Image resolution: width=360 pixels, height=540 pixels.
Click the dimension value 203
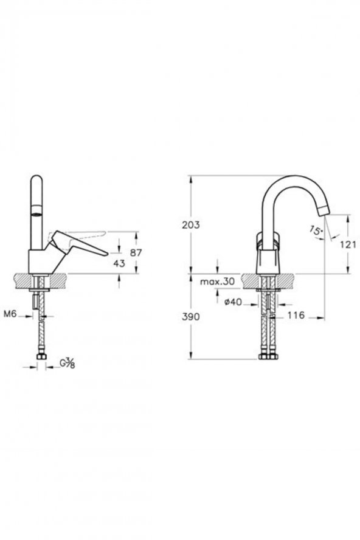click(191, 225)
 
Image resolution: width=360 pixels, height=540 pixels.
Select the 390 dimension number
click(191, 317)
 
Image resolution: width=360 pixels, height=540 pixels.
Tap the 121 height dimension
click(347, 244)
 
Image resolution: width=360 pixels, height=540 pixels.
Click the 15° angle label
click(316, 231)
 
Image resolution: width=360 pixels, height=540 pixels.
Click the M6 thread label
click(10, 314)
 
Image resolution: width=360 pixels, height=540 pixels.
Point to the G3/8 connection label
click(67, 364)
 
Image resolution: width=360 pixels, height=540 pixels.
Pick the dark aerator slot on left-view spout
click(36, 213)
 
